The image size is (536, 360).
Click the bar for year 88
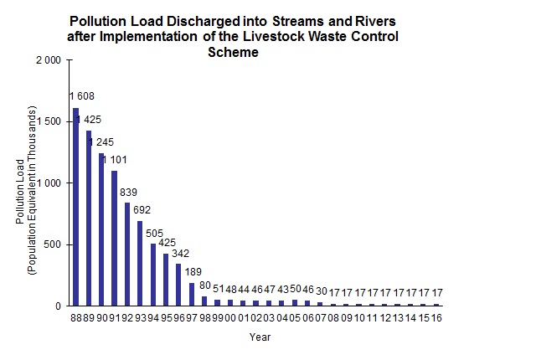pyautogui.click(x=75, y=207)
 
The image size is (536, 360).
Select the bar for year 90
pyautogui.click(x=101, y=229)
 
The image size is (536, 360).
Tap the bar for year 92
pyautogui.click(x=127, y=255)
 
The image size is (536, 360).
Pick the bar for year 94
pyautogui.click(x=153, y=275)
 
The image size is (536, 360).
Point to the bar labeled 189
pyautogui.click(x=192, y=294)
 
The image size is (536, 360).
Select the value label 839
pyautogui.click(x=129, y=193)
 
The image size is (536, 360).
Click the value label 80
pyautogui.click(x=205, y=285)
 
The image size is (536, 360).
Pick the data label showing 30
pyautogui.click(x=322, y=291)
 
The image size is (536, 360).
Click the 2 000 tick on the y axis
pyautogui.click(x=48, y=60)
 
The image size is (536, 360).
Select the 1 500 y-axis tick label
pyautogui.click(x=48, y=121)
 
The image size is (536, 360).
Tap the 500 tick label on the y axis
pyautogui.click(x=52, y=244)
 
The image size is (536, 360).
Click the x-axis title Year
pyautogui.click(x=260, y=338)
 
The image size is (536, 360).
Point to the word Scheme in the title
pyautogui.click(x=234, y=52)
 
